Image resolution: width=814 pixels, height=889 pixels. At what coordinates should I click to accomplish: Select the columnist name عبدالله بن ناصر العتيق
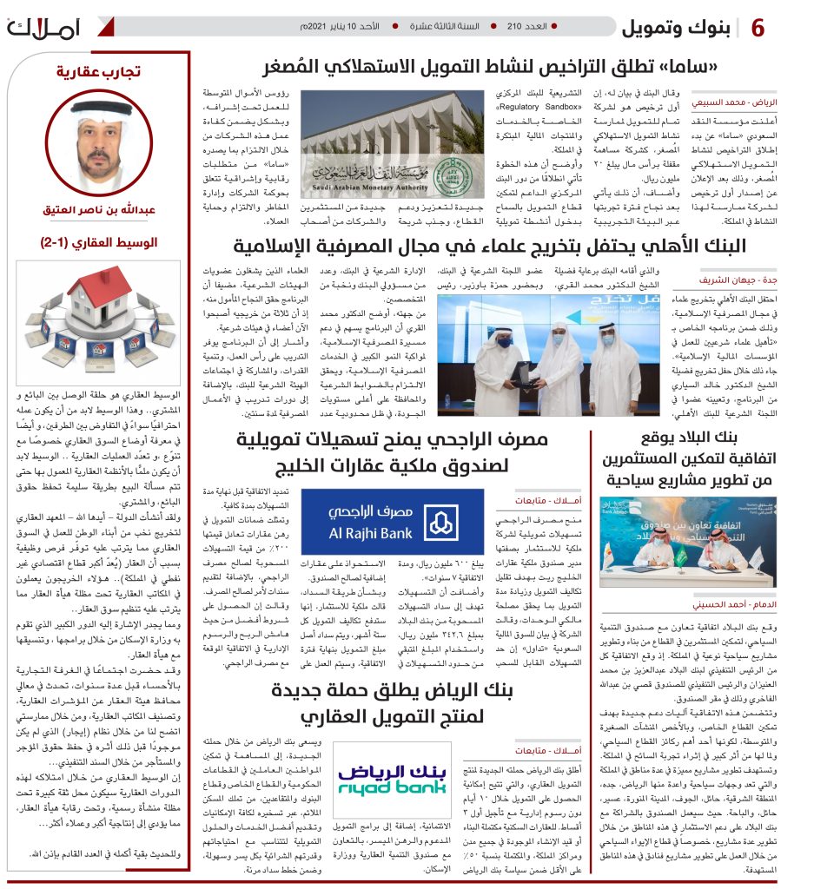(x=99, y=211)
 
